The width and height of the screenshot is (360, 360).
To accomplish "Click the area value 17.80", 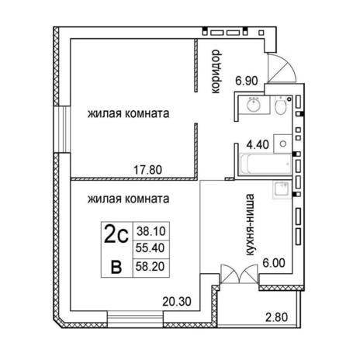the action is [x=147, y=170].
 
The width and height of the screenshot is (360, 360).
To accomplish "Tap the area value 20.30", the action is [x=177, y=302].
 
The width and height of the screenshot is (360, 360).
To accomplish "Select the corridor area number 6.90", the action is [x=247, y=81].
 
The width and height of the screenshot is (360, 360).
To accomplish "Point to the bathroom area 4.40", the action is [x=258, y=144].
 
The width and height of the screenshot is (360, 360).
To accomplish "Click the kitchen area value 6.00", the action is [x=274, y=263].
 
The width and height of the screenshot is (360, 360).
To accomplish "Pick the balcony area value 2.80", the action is [x=276, y=317].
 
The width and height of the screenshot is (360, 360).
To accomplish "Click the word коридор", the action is [x=216, y=71].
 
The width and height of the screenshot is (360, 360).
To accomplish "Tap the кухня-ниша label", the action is [x=249, y=225].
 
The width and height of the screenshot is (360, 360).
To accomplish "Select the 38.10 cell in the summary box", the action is [x=151, y=231].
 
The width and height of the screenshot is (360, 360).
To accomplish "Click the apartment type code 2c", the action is [x=116, y=234].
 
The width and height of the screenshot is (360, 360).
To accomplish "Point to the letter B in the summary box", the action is [x=116, y=267].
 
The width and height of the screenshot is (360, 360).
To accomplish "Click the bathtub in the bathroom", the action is [x=265, y=164].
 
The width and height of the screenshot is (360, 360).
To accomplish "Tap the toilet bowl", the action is [x=280, y=106].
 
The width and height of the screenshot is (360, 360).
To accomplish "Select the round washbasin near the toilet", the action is [x=254, y=105].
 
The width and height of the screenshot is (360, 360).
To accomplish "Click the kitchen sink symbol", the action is [x=282, y=189].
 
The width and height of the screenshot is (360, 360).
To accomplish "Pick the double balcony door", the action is [x=240, y=275].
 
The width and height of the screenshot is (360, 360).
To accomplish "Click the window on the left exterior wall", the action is [x=62, y=130].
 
